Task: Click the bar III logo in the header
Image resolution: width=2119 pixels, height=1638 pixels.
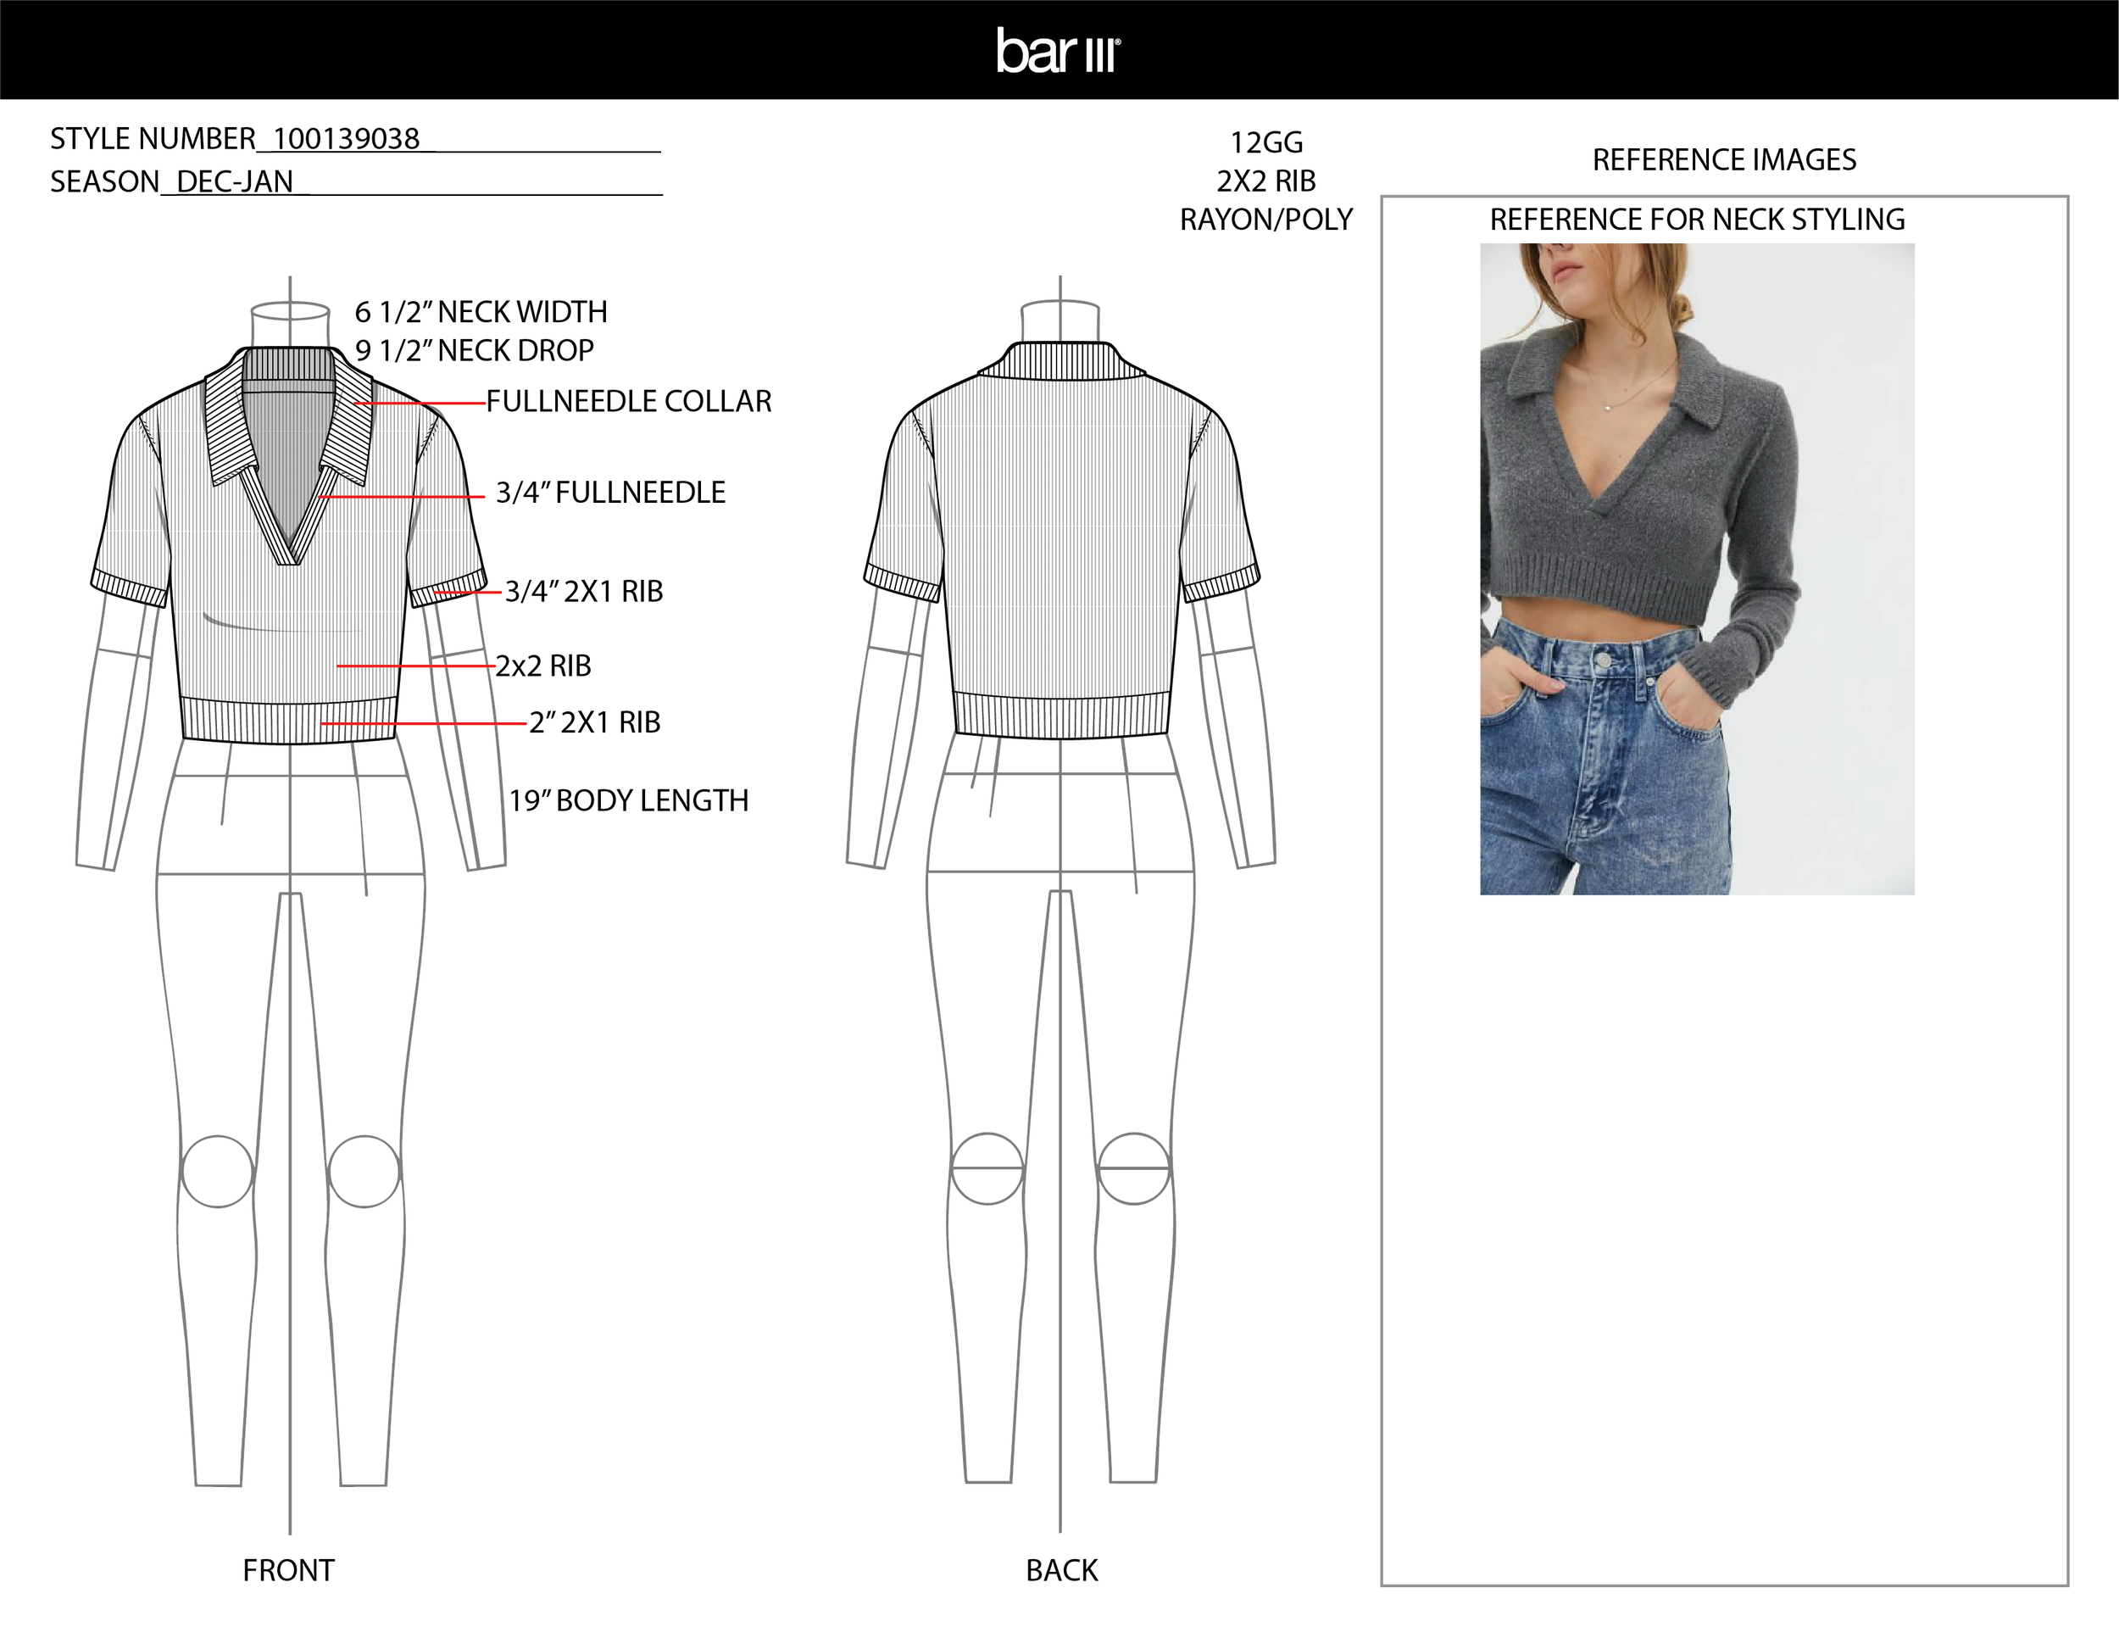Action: click(x=1059, y=51)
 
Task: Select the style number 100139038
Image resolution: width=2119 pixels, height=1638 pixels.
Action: click(x=347, y=140)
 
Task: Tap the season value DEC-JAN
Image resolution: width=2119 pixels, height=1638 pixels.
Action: click(x=234, y=182)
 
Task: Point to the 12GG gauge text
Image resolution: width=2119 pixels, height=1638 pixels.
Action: click(x=1266, y=143)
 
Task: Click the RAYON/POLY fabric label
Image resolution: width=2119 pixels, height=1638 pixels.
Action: click(x=1266, y=220)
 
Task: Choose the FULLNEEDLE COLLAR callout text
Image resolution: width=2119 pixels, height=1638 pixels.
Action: click(x=629, y=402)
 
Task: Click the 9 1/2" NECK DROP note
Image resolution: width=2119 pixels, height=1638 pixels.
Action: click(x=475, y=350)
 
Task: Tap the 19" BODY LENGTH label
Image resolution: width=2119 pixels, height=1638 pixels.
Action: click(x=629, y=800)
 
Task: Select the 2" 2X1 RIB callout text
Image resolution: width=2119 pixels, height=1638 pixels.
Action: click(x=595, y=723)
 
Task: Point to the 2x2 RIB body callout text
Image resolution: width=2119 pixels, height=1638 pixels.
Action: click(x=543, y=666)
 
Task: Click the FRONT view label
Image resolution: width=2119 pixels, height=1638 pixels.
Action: click(x=288, y=1570)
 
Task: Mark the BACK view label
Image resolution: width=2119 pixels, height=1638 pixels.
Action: click(x=1061, y=1570)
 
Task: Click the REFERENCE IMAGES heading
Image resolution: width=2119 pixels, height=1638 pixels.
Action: click(x=1724, y=160)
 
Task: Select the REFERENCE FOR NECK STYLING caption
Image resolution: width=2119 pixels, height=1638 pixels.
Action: click(x=1697, y=220)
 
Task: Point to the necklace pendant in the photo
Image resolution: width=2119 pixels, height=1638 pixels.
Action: click(x=1608, y=408)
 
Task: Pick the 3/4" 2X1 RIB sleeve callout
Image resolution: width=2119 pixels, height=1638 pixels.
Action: click(x=584, y=592)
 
